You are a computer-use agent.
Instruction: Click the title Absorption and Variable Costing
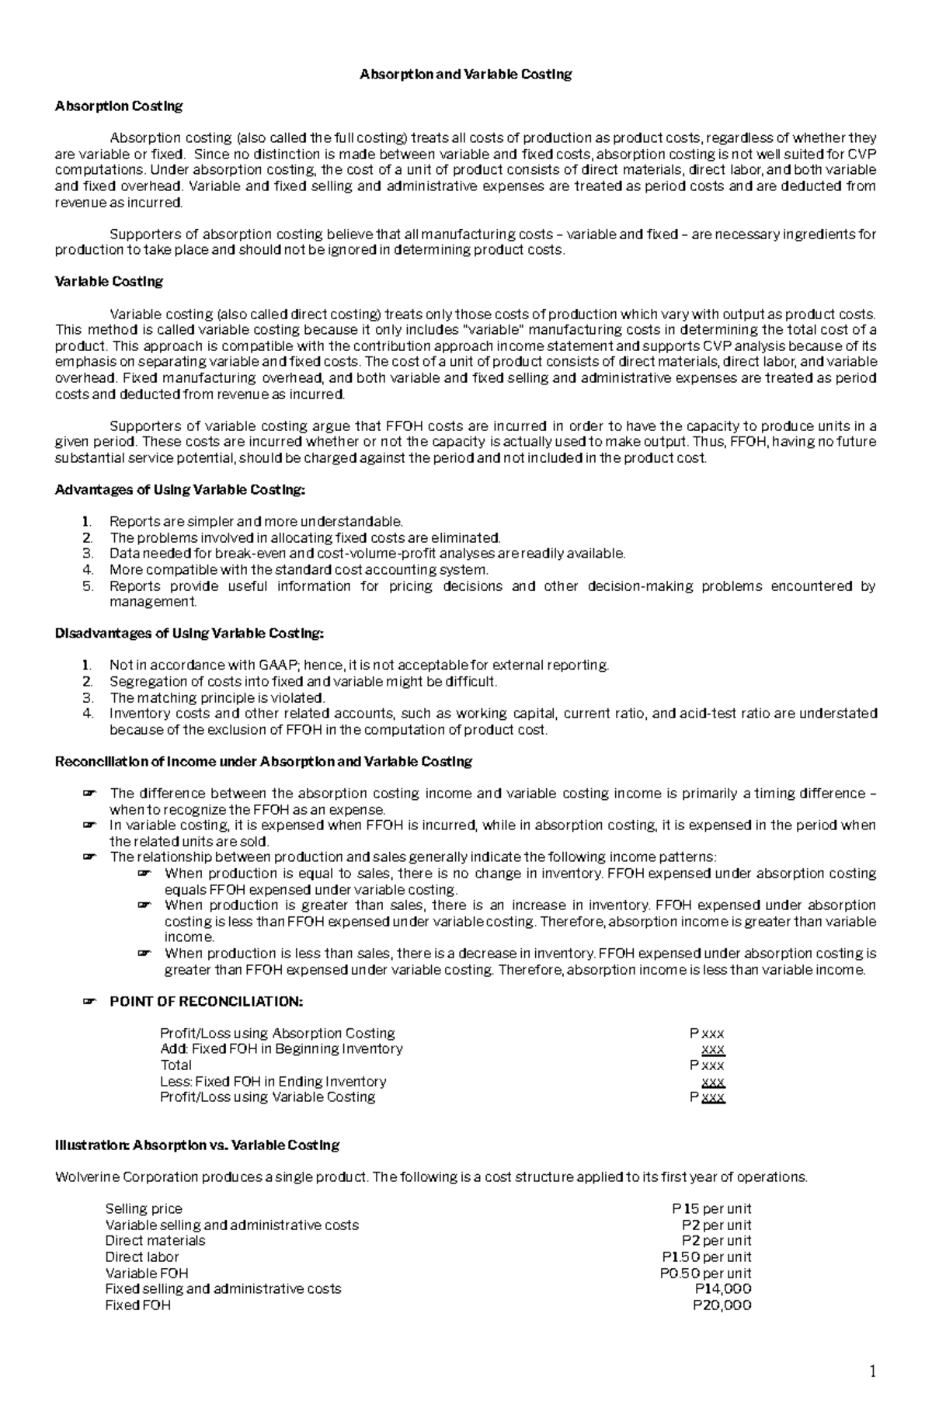tap(465, 75)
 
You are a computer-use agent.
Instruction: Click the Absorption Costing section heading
tap(119, 106)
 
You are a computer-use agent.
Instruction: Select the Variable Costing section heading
tap(109, 281)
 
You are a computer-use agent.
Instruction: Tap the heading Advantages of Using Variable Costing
tap(181, 490)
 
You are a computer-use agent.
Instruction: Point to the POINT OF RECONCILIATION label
tap(206, 1002)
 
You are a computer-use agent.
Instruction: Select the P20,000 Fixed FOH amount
tap(722, 1305)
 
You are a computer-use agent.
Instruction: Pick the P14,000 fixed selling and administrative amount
tap(722, 1289)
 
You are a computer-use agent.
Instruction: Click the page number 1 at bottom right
tap(872, 1373)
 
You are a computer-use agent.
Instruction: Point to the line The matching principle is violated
tap(217, 697)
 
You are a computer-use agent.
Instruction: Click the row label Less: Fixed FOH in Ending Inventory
tap(273, 1082)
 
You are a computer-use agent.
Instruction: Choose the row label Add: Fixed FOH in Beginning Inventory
tap(281, 1049)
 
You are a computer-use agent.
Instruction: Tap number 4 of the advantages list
tap(88, 570)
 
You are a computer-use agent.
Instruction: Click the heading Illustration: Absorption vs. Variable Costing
tap(197, 1145)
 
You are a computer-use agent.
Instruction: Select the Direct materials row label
tap(155, 1241)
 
